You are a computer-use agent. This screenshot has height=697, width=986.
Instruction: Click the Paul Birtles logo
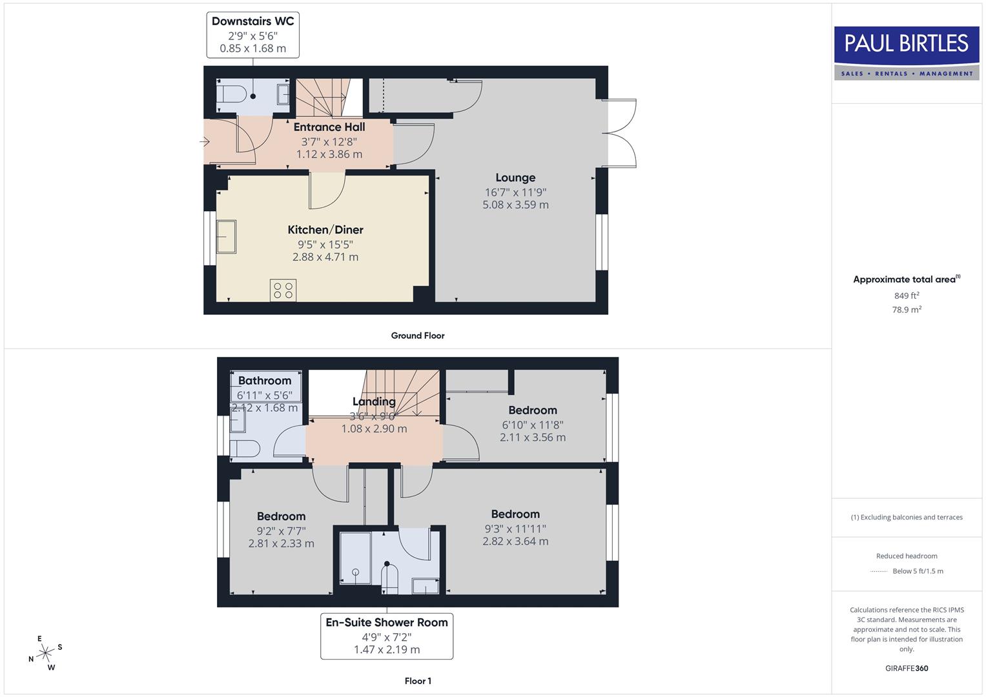click(x=907, y=53)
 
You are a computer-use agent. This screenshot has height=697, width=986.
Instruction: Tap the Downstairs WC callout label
click(x=252, y=34)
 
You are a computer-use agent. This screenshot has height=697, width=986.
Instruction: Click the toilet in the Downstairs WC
click(x=231, y=95)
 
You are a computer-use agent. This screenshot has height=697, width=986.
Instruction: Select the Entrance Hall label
click(x=329, y=127)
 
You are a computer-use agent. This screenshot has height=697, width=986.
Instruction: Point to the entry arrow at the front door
click(x=205, y=141)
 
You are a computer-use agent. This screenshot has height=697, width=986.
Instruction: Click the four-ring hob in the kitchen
click(x=283, y=290)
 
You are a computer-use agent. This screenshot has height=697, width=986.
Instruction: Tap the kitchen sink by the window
click(x=226, y=236)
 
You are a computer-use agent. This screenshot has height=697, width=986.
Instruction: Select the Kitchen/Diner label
click(x=325, y=230)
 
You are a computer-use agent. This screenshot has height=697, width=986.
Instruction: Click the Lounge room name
click(x=515, y=177)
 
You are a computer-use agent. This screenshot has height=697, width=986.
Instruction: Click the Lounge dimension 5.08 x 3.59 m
click(x=515, y=205)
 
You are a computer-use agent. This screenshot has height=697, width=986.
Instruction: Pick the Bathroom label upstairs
click(x=265, y=381)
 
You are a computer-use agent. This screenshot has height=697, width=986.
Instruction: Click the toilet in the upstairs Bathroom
click(x=245, y=449)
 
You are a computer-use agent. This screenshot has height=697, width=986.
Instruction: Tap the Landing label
click(x=374, y=401)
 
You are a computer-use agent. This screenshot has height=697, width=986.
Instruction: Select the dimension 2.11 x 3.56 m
click(x=533, y=437)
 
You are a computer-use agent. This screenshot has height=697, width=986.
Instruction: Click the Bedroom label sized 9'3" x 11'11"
click(x=515, y=514)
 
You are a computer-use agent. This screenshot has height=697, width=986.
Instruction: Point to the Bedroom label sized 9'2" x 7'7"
click(x=281, y=516)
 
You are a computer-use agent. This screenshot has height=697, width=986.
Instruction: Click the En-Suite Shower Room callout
click(x=387, y=636)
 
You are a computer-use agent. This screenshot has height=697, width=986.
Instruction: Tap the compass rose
click(x=45, y=653)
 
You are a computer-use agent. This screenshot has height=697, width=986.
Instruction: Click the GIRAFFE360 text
click(x=907, y=668)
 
